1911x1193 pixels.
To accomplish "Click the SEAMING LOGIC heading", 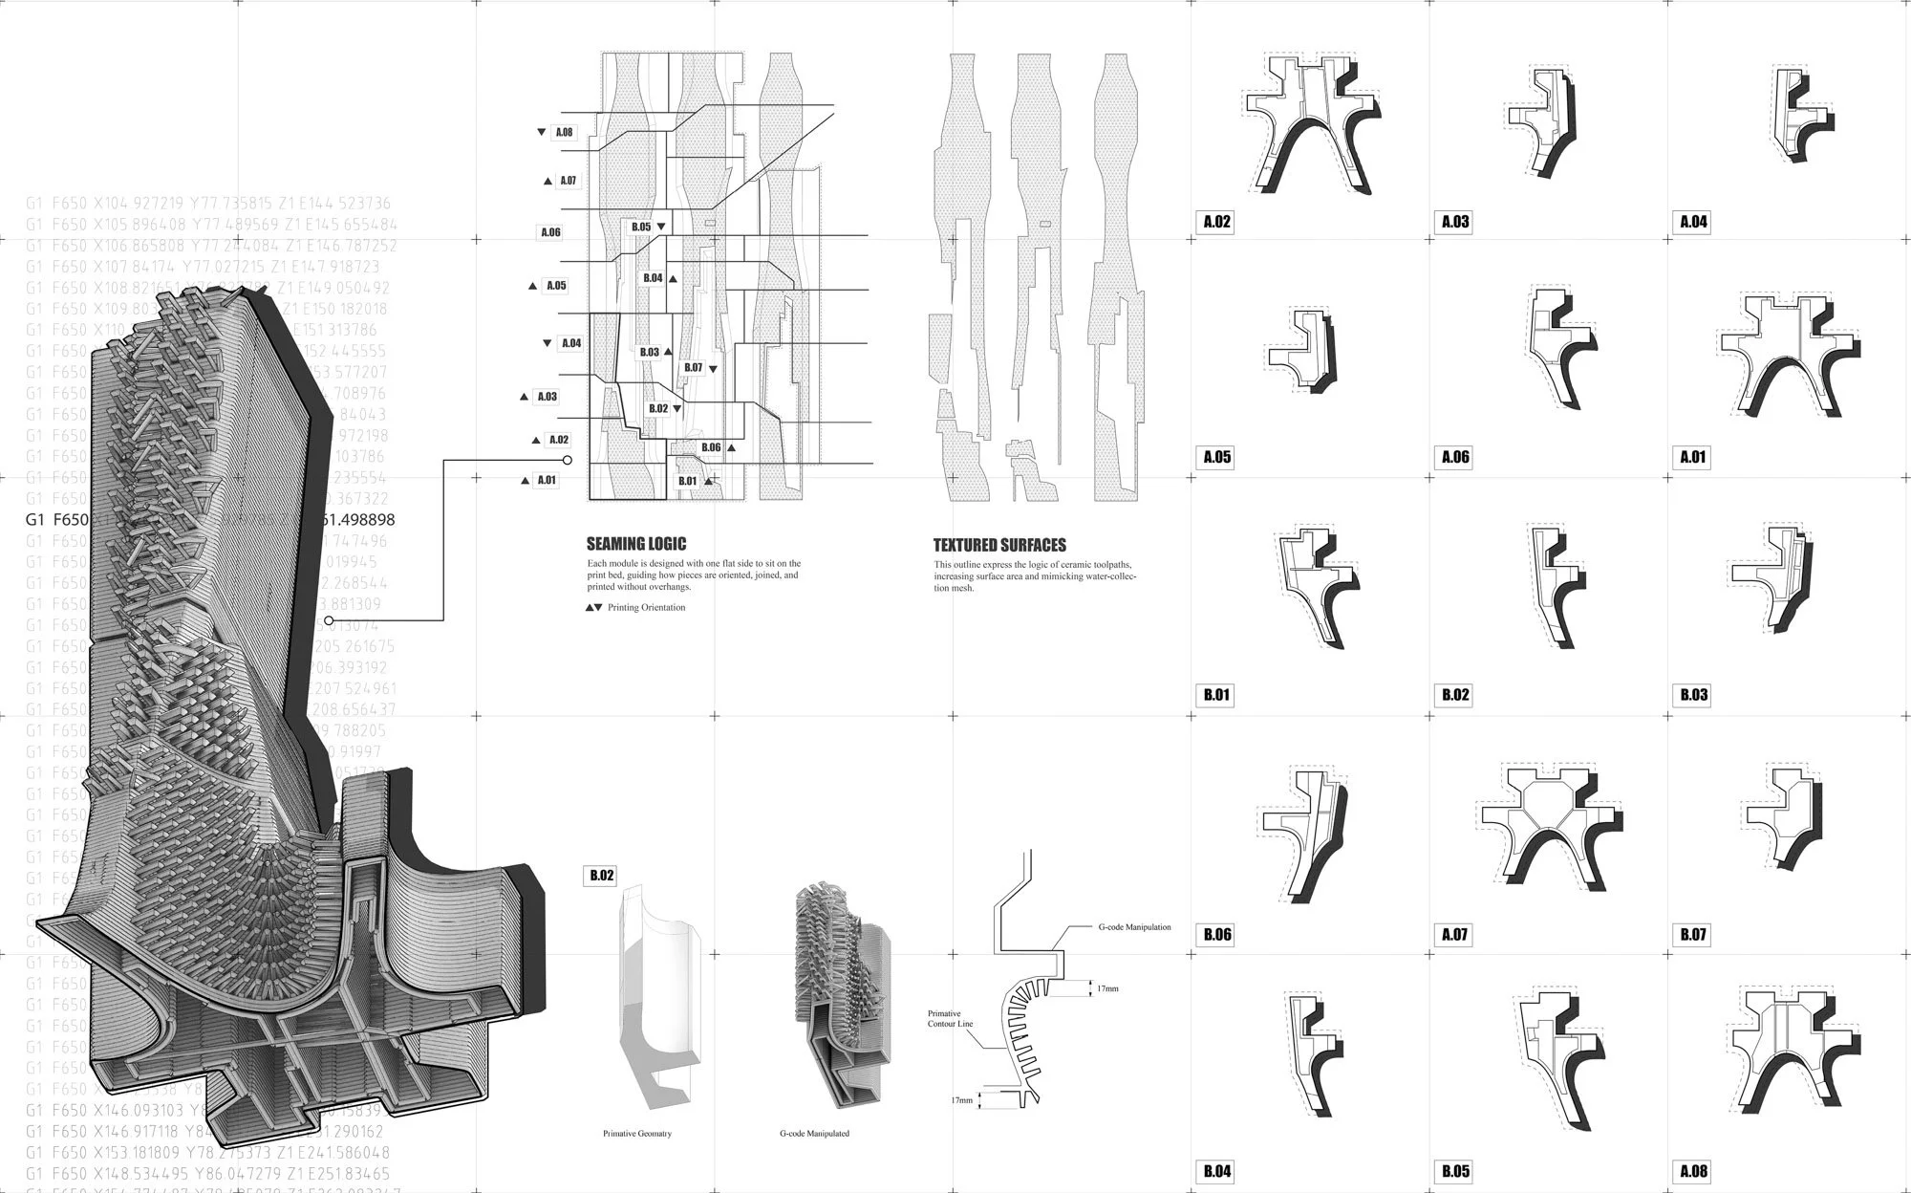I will point(636,544).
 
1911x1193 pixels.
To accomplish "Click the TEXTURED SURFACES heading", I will point(999,545).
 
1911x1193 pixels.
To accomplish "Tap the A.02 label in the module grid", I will point(1216,222).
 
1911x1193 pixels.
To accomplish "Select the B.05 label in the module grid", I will point(1455,1171).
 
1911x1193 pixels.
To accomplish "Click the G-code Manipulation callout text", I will point(1134,927).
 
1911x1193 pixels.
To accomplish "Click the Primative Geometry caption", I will point(636,1134).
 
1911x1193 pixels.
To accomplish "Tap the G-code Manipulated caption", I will point(814,1134).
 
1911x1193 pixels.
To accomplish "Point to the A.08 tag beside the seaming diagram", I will point(564,132).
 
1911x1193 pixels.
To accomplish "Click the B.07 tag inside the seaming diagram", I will point(693,367).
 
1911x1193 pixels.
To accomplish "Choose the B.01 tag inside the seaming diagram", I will point(688,481).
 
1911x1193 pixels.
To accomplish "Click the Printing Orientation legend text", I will point(646,607).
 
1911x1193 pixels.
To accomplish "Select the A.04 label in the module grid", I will point(1693,222).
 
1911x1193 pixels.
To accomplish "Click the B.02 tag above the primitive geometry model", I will point(602,875).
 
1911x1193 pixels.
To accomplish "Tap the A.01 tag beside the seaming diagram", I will point(547,480).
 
